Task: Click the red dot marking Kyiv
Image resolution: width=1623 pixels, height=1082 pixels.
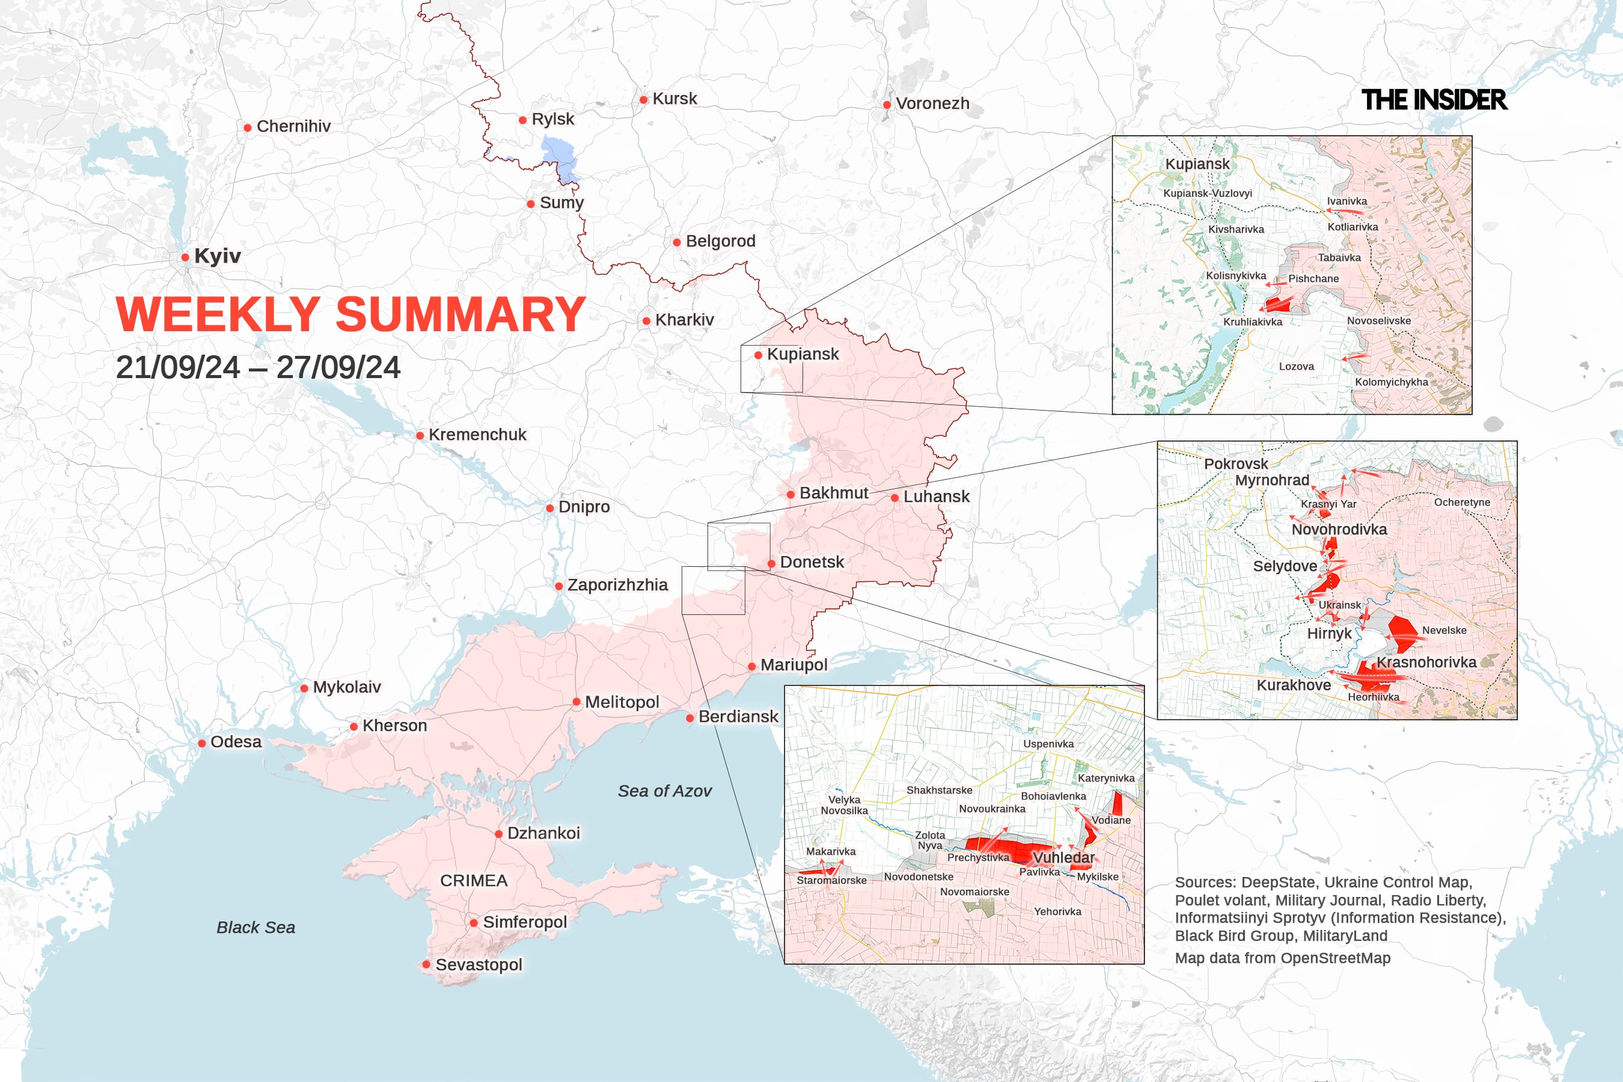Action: tap(185, 257)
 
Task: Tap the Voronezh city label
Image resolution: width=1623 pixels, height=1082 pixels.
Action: tap(932, 103)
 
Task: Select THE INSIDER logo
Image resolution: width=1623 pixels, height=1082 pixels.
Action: tap(1434, 100)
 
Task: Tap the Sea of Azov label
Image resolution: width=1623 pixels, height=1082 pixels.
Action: tap(664, 791)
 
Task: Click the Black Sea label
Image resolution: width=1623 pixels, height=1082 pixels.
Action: tap(255, 928)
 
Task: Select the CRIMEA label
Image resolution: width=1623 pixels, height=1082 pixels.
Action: tap(474, 881)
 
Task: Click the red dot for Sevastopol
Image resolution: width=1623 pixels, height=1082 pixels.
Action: tap(426, 965)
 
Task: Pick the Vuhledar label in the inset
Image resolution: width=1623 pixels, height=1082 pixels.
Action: tap(1063, 858)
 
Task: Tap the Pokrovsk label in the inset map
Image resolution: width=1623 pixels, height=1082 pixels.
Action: tap(1236, 463)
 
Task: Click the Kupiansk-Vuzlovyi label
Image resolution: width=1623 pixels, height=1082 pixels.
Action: tap(1208, 193)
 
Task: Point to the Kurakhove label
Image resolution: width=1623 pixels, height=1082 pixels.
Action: tap(1293, 685)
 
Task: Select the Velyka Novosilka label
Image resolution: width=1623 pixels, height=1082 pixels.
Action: tap(844, 805)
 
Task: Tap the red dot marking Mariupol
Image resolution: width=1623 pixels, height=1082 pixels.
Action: tap(751, 667)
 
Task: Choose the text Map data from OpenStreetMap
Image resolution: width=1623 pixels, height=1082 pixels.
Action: tap(1282, 958)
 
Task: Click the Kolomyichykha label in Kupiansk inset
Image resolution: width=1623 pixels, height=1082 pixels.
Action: tap(1391, 382)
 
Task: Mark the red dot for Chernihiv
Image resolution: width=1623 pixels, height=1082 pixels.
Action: tap(247, 127)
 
